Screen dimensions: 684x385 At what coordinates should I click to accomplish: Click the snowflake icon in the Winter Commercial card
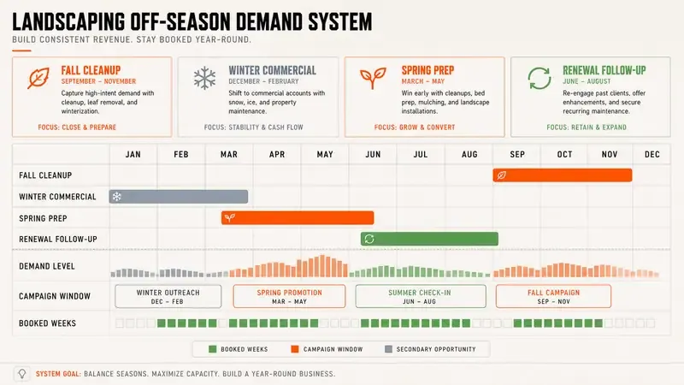[204, 79]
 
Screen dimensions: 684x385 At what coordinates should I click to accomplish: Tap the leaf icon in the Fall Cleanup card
[38, 79]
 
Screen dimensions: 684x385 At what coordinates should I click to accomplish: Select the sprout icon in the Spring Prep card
[373, 78]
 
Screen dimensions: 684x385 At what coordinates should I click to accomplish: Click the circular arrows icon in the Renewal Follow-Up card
[540, 78]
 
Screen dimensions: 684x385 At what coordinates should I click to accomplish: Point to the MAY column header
[325, 155]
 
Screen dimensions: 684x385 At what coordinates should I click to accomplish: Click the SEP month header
[517, 155]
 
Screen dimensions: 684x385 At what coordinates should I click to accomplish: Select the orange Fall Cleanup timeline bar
[563, 175]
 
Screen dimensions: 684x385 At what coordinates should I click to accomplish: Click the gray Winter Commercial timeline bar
[179, 197]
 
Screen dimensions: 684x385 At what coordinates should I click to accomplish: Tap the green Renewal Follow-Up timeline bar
[429, 239]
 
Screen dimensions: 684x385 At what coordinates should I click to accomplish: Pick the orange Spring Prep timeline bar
[298, 217]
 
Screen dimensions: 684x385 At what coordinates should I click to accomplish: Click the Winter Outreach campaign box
[168, 296]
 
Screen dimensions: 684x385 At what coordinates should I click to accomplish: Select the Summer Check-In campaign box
[421, 296]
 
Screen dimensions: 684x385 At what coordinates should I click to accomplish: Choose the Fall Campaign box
[553, 296]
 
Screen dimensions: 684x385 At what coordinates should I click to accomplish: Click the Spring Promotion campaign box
[289, 296]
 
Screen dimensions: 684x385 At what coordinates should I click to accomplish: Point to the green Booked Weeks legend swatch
[212, 349]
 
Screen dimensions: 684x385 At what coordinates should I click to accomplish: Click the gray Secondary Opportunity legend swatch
[388, 349]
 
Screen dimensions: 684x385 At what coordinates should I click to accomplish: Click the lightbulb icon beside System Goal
[22, 374]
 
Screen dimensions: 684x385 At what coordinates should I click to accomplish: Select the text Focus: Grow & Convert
[415, 127]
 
